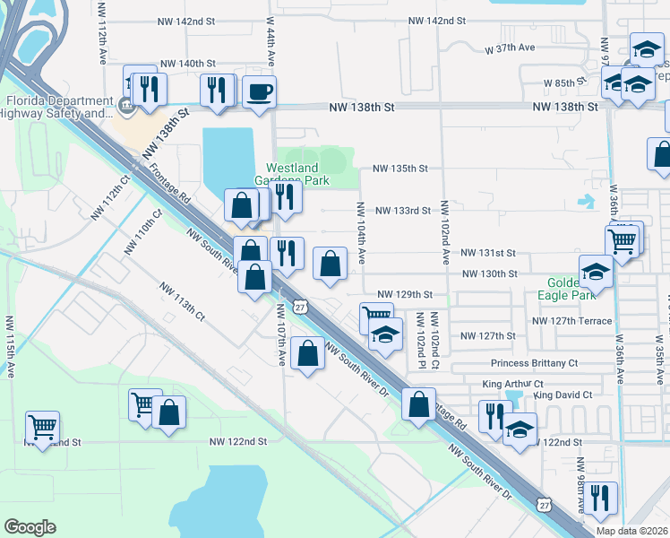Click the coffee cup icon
pos(259,91)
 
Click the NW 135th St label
pos(400,168)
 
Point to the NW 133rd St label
pos(403,211)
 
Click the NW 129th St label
pos(405,294)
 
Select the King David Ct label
pos(562,395)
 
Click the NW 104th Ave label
pos(361,231)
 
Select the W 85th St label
pos(563,82)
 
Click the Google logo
pos(30,526)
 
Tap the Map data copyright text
pos(632,531)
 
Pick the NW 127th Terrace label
pos(571,320)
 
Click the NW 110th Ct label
pos(143,231)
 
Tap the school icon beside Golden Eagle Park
pos(596,271)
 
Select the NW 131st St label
pos(489,254)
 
